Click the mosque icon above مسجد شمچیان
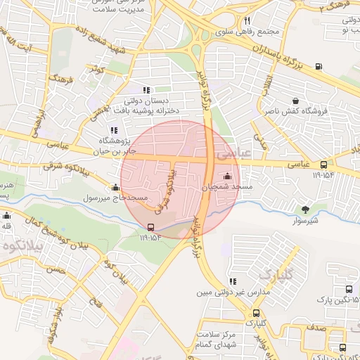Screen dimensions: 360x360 (x=226, y=176)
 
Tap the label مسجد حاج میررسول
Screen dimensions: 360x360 (x=115, y=198)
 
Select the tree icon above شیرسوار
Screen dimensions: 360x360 (x=305, y=209)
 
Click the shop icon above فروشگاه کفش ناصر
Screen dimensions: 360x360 (x=294, y=100)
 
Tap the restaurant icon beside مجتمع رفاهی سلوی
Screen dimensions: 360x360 (x=247, y=20)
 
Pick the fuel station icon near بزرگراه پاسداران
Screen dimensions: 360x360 (x=319, y=67)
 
